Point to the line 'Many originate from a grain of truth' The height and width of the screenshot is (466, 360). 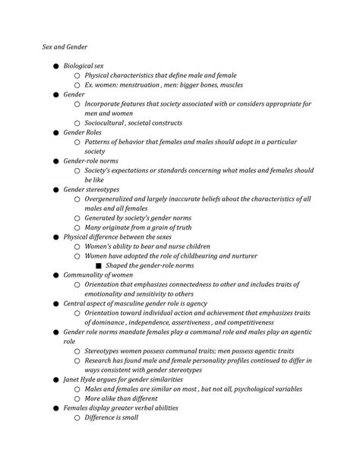click(148, 227)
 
